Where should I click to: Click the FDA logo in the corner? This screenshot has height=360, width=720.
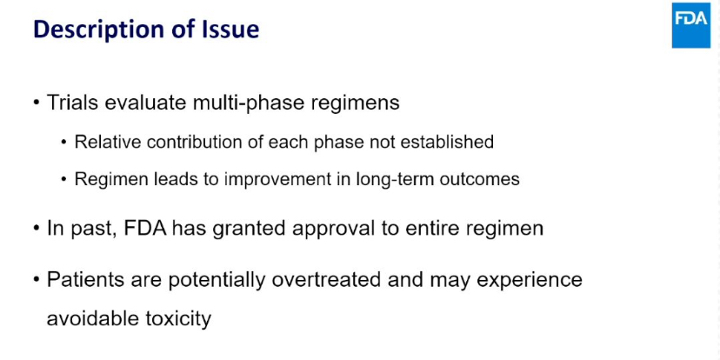click(x=691, y=25)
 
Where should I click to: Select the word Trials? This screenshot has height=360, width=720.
click(x=72, y=103)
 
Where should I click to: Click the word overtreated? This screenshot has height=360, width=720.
click(x=325, y=280)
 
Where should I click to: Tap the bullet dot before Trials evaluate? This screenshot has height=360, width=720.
click(x=37, y=103)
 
